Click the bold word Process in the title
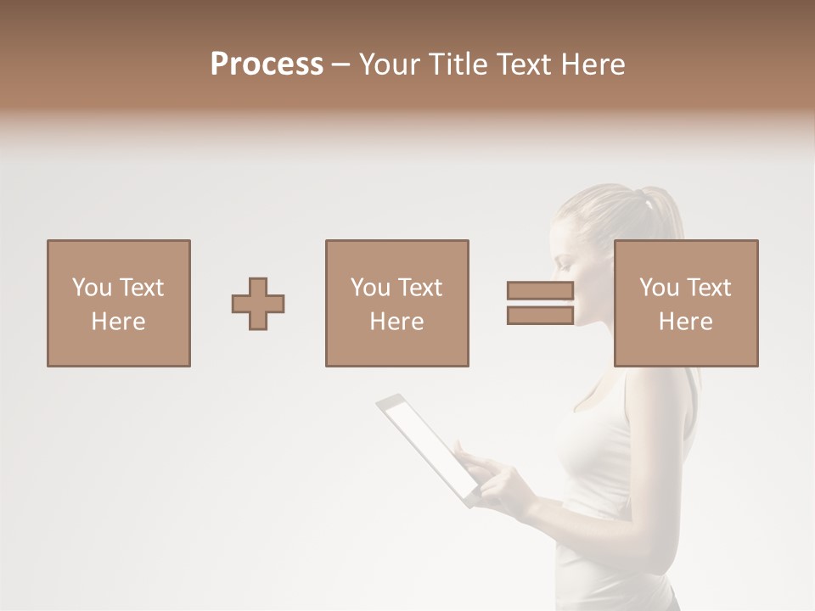pyautogui.click(x=267, y=64)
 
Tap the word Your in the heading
pyautogui.click(x=391, y=64)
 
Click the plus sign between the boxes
pyautogui.click(x=258, y=304)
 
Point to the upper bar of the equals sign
pyautogui.click(x=540, y=291)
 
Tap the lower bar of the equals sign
pyautogui.click(x=540, y=316)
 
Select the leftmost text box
pyautogui.click(x=119, y=304)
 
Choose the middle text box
pyautogui.click(x=397, y=304)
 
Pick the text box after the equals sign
pyautogui.click(x=686, y=304)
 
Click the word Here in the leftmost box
pyautogui.click(x=119, y=322)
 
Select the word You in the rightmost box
pyautogui.click(x=660, y=288)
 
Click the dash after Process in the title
pyautogui.click(x=341, y=64)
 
